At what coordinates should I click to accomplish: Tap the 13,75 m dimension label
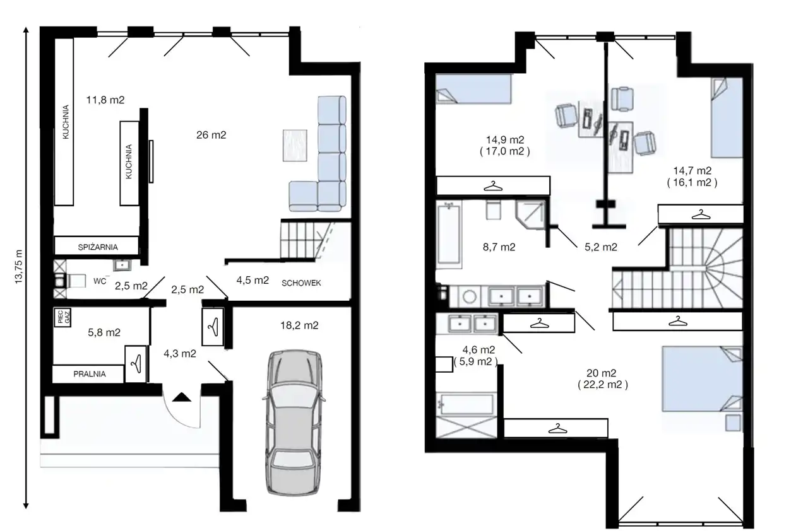(x=19, y=267)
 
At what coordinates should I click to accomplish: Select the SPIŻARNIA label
(x=98, y=247)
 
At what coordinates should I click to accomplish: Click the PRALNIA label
(x=90, y=374)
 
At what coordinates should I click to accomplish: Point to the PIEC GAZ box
(x=62, y=317)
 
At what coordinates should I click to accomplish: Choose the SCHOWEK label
(x=301, y=283)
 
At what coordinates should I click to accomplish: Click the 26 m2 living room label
(x=211, y=135)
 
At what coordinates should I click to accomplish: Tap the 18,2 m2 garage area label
(x=299, y=325)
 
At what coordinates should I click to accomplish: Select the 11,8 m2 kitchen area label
(x=105, y=100)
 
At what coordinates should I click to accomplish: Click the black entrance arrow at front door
(x=181, y=397)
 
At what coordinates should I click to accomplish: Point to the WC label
(x=100, y=281)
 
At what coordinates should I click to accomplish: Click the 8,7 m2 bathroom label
(x=499, y=247)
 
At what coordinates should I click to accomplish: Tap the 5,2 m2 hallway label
(x=601, y=247)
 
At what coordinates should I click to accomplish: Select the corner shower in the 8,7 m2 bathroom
(x=530, y=214)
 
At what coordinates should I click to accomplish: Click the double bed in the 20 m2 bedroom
(x=702, y=378)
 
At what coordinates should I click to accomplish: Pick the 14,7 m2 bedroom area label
(x=692, y=170)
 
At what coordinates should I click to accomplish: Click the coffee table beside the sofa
(x=295, y=145)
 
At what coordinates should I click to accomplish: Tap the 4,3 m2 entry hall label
(x=180, y=354)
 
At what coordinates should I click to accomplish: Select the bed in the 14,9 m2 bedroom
(x=473, y=89)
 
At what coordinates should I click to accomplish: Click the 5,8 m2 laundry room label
(x=104, y=332)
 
